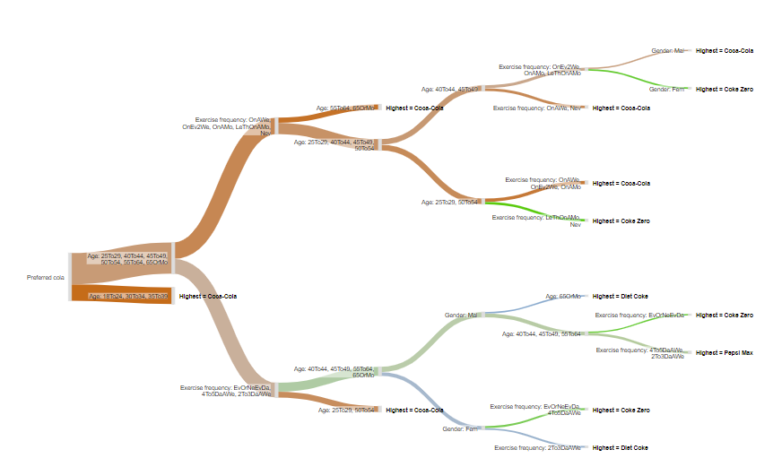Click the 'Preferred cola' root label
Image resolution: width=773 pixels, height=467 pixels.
[46, 278]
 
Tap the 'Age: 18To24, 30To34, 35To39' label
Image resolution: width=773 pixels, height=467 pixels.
[128, 296]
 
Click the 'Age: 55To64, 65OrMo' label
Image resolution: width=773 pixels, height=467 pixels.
[346, 108]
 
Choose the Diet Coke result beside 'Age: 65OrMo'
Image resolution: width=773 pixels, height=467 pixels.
[620, 296]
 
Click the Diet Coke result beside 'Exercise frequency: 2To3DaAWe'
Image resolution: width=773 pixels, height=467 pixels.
[620, 447]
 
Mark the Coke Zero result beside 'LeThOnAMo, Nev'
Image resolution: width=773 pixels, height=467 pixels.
[620, 221]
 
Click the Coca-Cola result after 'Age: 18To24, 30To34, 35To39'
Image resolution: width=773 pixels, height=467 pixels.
[208, 296]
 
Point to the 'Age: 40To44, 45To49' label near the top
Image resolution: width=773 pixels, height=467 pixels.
[449, 90]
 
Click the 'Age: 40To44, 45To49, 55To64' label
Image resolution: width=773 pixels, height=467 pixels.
[542, 333]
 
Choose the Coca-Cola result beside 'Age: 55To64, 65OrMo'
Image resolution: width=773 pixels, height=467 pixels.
[414, 108]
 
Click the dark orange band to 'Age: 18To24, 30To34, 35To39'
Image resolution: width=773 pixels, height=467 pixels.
[121, 290]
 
